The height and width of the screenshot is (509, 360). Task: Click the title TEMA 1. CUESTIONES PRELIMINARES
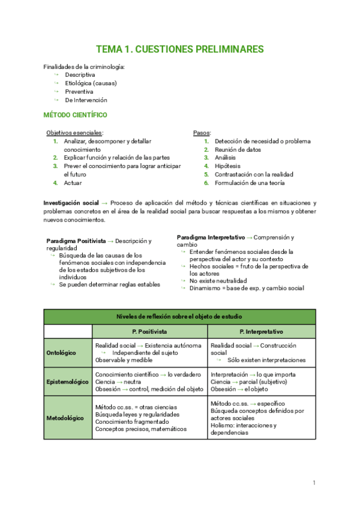pos(179,49)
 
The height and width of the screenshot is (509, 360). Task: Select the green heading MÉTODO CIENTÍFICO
pos(76,115)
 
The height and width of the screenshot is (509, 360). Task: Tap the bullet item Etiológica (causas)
pos(91,83)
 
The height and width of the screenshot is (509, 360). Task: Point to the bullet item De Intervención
pos(86,100)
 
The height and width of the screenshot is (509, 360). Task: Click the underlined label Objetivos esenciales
pos(74,133)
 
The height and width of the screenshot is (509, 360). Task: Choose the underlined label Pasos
pos(201,133)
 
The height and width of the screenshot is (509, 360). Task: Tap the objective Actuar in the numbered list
pos(73,183)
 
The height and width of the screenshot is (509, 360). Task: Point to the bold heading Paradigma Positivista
pos(76,241)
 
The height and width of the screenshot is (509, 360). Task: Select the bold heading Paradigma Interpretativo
pos(211,237)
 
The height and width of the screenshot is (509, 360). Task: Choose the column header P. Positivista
pos(149,331)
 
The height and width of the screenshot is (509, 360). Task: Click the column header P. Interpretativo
pos(261,331)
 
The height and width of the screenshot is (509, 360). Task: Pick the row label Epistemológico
pos(68,382)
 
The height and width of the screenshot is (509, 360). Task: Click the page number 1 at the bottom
pos(314,483)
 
